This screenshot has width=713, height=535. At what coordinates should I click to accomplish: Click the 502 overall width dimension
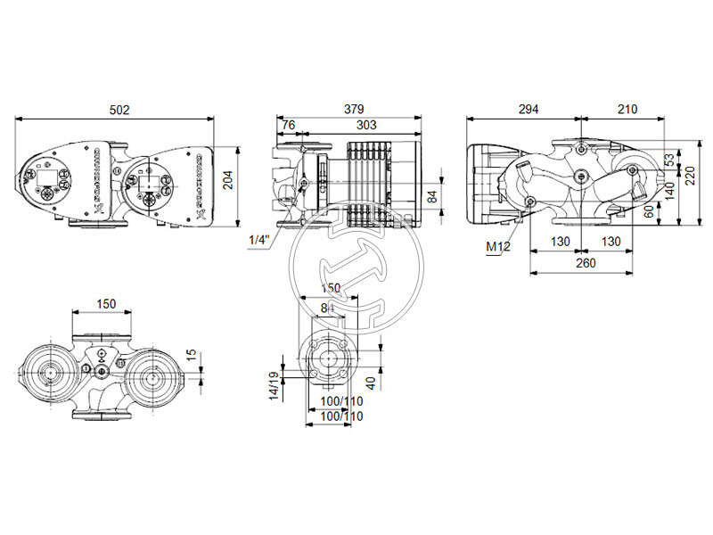119,110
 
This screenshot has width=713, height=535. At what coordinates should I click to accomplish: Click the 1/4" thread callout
259,239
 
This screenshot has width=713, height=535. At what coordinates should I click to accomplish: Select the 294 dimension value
528,110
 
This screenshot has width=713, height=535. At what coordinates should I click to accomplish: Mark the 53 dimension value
669,160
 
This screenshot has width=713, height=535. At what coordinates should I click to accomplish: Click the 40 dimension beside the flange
369,381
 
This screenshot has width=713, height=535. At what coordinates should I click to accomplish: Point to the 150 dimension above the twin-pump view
106,304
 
